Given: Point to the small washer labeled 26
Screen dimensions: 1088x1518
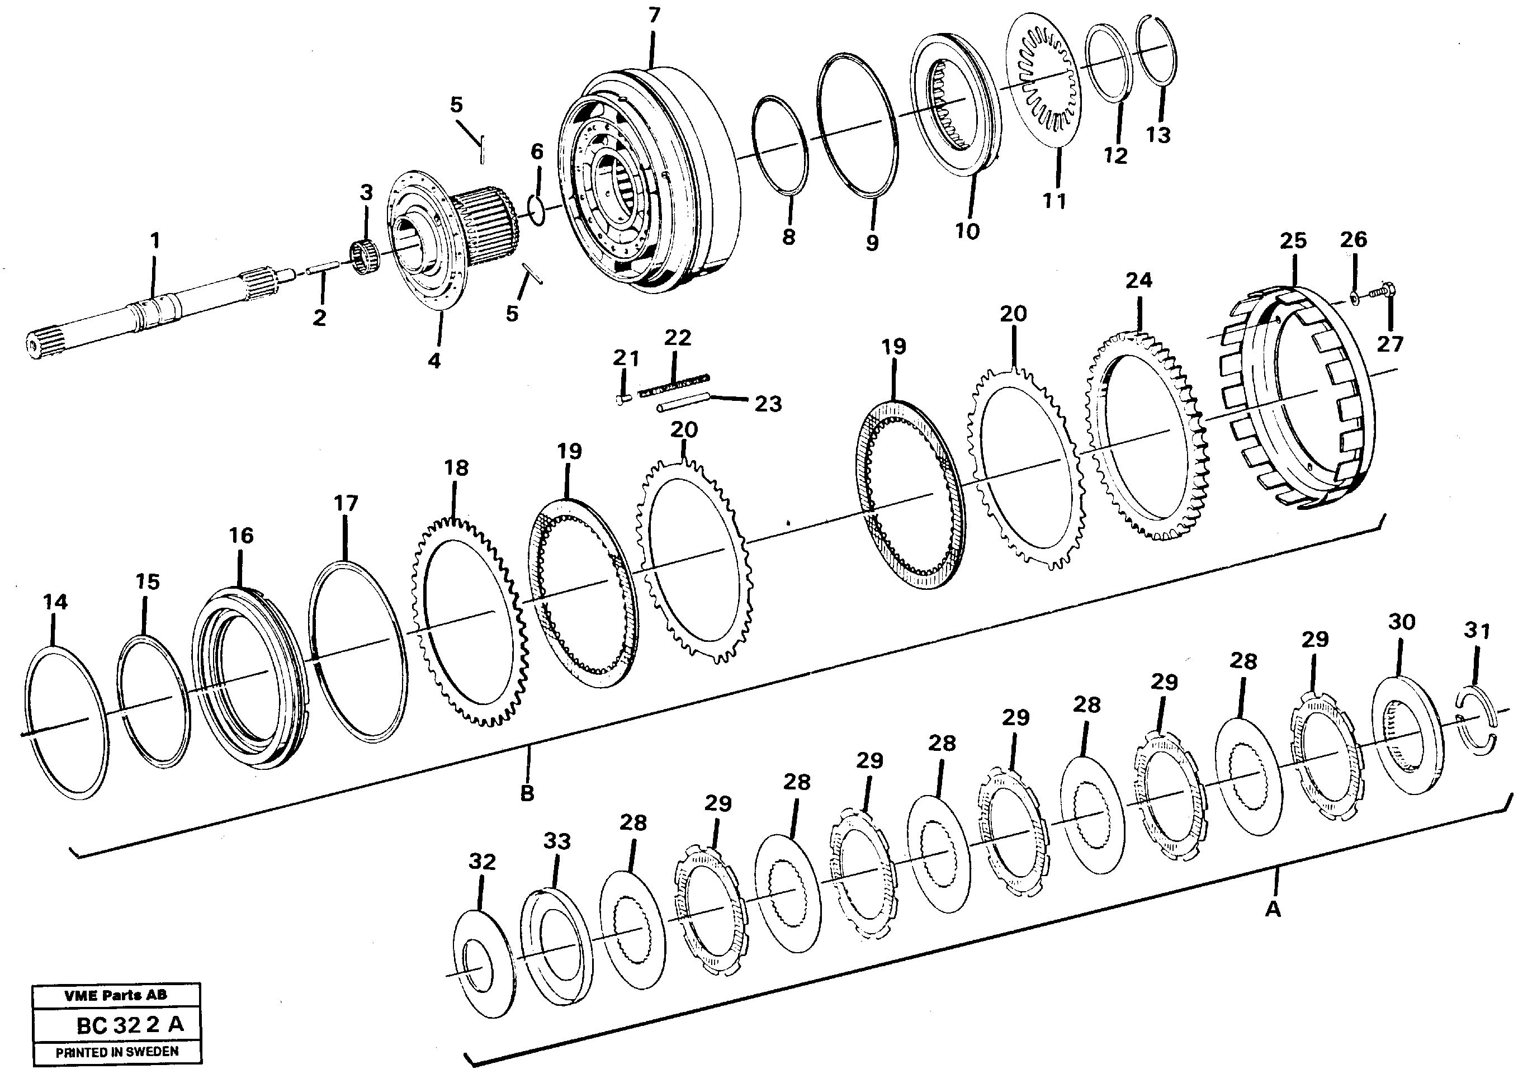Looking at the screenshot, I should (1354, 296).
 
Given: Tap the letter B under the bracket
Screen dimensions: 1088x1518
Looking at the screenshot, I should (527, 793).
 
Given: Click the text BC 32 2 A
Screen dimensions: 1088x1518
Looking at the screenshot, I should (129, 1025).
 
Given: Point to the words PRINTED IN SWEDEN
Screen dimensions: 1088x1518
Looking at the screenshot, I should (117, 1052).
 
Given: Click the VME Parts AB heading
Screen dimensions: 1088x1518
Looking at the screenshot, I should (116, 995).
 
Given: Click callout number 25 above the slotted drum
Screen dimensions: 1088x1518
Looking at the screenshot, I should (1293, 241).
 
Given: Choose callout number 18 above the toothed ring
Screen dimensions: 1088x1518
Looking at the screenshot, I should (456, 468).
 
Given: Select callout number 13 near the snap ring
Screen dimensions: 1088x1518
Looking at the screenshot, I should (1158, 135).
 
